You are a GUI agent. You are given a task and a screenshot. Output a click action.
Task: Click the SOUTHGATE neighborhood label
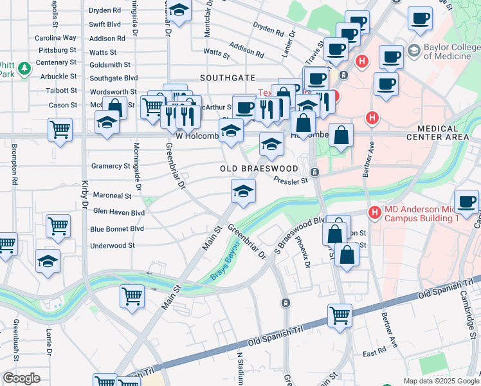pyautogui.click(x=228, y=77)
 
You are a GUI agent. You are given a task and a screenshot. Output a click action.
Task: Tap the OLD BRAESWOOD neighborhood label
pyautogui.click(x=259, y=169)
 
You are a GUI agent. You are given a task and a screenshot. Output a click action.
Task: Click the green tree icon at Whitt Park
pyautogui.click(x=24, y=68)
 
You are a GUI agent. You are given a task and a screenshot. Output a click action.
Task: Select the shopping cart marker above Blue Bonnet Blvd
pyautogui.click(x=58, y=226)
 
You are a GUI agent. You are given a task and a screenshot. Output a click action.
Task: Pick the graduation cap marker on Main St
pyautogui.click(x=243, y=191)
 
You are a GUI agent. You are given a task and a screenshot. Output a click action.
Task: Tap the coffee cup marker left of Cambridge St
pyautogui.click(x=466, y=201)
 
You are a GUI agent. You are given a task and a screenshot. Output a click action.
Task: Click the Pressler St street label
pyautogui.click(x=291, y=180)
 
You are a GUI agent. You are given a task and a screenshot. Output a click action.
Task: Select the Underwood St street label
pyautogui.click(x=113, y=246)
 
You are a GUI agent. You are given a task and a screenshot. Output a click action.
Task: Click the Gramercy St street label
pyautogui.click(x=111, y=166)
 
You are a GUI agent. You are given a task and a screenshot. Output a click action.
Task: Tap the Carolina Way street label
pyautogui.click(x=55, y=38)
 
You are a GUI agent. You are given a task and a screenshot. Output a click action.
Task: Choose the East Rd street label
pyautogui.click(x=373, y=354)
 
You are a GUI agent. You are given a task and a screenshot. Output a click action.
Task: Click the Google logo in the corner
pyautogui.click(x=21, y=378)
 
